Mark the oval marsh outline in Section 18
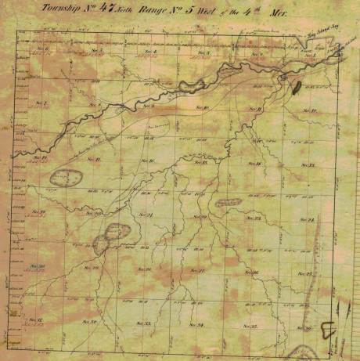coord(67,177)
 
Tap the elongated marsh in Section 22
coord(229,202)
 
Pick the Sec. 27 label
coord(199,271)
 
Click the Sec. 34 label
coord(197,324)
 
